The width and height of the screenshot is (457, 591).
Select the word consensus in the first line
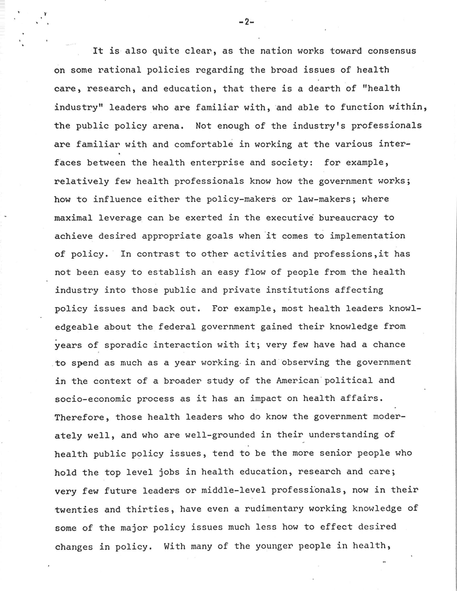(x=391, y=51)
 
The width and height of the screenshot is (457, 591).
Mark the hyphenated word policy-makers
(x=241, y=199)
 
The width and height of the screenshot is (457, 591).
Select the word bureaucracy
(x=348, y=218)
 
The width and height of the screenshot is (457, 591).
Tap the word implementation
(x=367, y=236)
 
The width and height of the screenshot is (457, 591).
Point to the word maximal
(x=73, y=218)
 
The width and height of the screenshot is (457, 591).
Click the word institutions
(x=297, y=290)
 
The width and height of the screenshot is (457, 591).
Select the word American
(x=297, y=380)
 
